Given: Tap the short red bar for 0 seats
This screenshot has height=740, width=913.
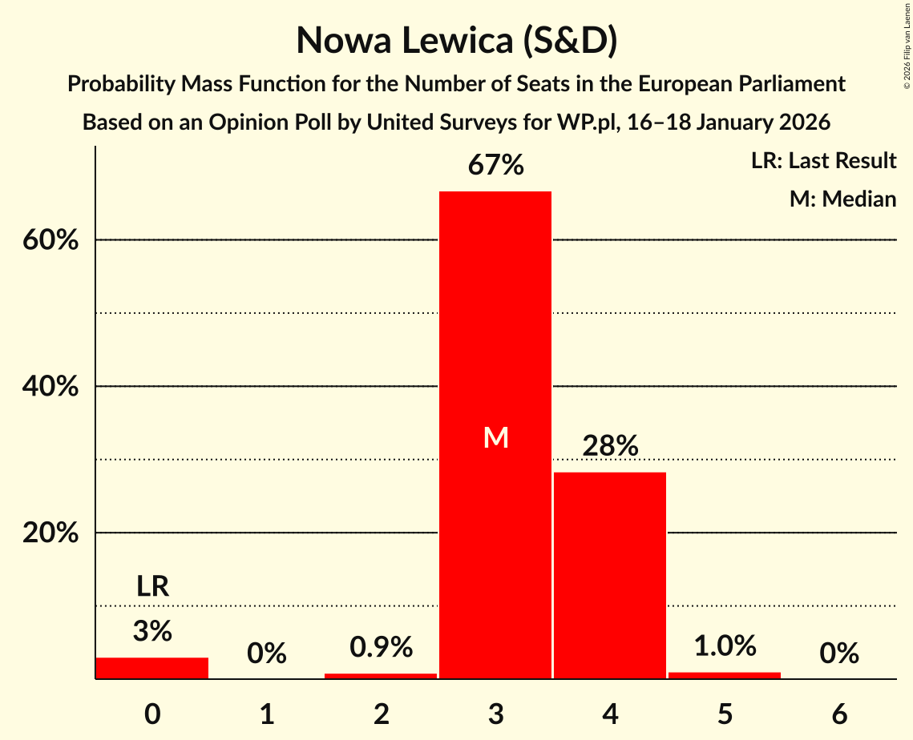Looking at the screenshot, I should tap(152, 668).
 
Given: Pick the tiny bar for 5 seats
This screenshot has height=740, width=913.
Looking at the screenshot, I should tap(725, 675).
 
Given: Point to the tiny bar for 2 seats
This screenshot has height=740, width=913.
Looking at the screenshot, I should tap(381, 676).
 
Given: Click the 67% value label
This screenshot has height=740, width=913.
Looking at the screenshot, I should tap(495, 167).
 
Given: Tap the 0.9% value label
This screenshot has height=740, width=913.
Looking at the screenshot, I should tap(381, 647).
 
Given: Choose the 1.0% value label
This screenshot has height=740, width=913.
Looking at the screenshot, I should tap(725, 645).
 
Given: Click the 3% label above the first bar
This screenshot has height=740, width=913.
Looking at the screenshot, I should tap(152, 632).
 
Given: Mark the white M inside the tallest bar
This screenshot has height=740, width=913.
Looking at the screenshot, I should tap(496, 437).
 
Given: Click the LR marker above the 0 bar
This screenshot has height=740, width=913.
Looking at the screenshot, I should tap(152, 587).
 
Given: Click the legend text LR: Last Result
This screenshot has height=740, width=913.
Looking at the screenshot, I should tap(823, 161).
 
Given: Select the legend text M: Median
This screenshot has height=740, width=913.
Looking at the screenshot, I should tap(842, 199).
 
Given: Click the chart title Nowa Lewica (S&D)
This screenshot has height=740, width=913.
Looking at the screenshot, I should tap(456, 41).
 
